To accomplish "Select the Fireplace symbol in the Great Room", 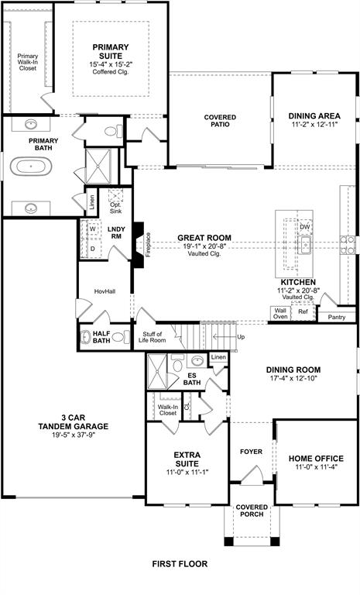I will point(139,246).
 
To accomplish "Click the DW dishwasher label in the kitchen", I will point(305,227).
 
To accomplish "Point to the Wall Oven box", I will point(279,312).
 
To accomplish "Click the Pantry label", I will point(336,316).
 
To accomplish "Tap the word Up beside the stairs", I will point(241,337).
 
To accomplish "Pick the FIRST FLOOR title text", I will point(180,564).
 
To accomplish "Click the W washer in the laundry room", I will point(92,229).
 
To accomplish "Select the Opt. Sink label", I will point(115,207).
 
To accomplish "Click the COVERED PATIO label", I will point(220,122).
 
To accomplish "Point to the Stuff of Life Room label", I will point(153,337).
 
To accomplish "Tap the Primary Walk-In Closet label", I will point(28,61).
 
